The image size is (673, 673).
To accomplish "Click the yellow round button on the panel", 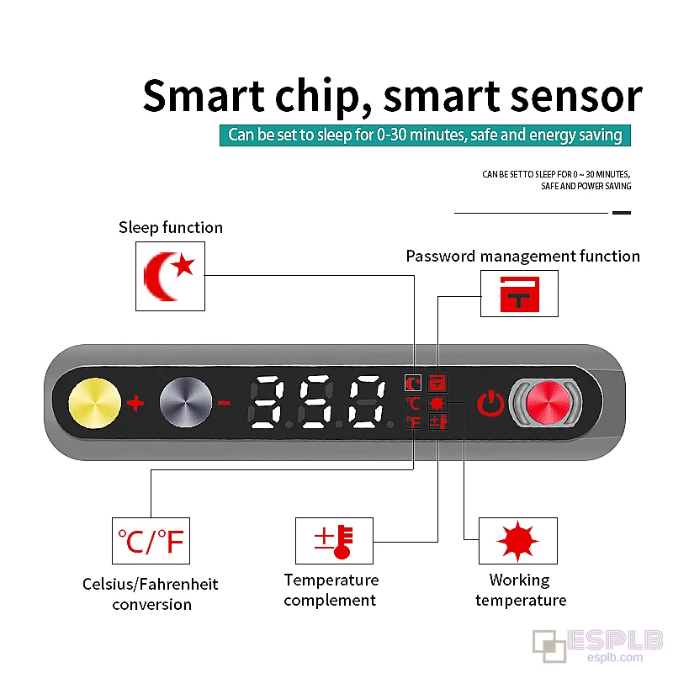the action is [95, 403].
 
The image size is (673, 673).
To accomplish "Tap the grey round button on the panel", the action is [185, 403].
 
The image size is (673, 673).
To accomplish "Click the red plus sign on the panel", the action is [135, 403].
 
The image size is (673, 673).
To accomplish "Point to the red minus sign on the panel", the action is [224, 403].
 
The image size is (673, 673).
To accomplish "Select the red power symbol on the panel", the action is [491, 404].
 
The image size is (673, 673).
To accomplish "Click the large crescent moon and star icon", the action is [169, 276].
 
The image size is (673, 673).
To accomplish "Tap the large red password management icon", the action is [519, 294].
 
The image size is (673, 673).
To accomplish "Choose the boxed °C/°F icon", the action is [151, 541].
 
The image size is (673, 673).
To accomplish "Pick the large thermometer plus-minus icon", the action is [334, 541].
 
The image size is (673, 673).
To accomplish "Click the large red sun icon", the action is [517, 541].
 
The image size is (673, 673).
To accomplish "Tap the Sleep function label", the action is [171, 227].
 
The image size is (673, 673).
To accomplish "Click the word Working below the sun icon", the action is [519, 580].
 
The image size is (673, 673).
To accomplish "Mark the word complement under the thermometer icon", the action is [330, 601].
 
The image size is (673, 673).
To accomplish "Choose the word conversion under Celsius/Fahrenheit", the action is [152, 604].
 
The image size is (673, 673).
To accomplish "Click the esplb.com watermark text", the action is [615, 657].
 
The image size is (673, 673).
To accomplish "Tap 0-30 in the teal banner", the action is [391, 135].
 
